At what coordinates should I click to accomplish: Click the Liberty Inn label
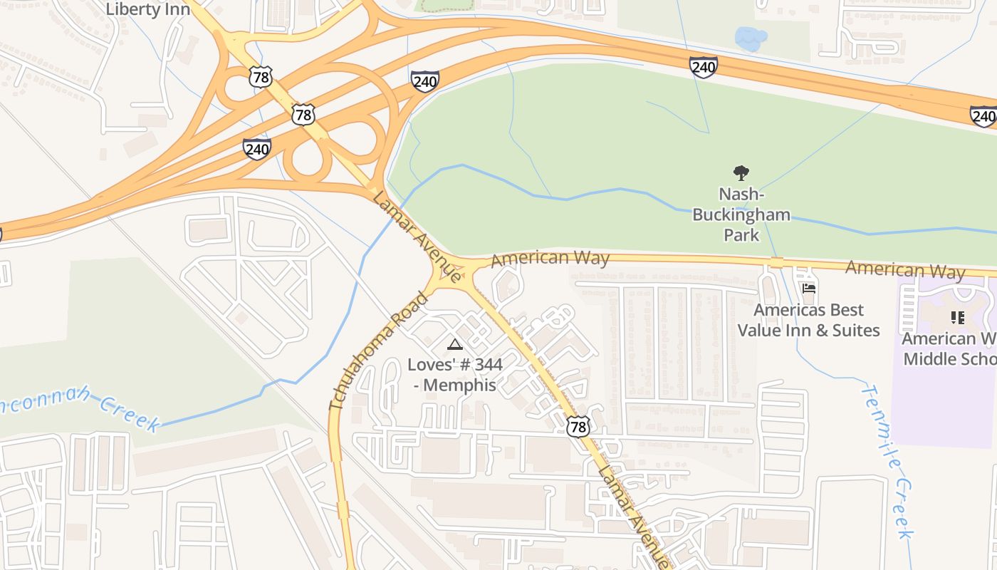point(147,9)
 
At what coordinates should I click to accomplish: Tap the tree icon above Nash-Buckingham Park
point(741,172)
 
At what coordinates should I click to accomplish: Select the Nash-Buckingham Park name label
point(741,214)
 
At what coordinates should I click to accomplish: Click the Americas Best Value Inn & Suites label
point(808,320)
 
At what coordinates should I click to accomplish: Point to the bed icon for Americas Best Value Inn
point(808,289)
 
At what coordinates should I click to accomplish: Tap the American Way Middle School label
point(951,348)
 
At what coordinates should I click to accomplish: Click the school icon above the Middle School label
point(957,317)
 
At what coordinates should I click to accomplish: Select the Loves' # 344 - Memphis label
point(455,375)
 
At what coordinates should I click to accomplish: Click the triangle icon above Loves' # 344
point(454,345)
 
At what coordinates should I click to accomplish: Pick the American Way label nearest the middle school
point(904,269)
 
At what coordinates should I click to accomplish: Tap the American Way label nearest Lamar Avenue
point(550,258)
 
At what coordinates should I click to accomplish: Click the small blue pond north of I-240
point(750,38)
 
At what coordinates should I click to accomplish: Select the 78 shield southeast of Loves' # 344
point(578,426)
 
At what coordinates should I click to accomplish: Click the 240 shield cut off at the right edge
point(983,116)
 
